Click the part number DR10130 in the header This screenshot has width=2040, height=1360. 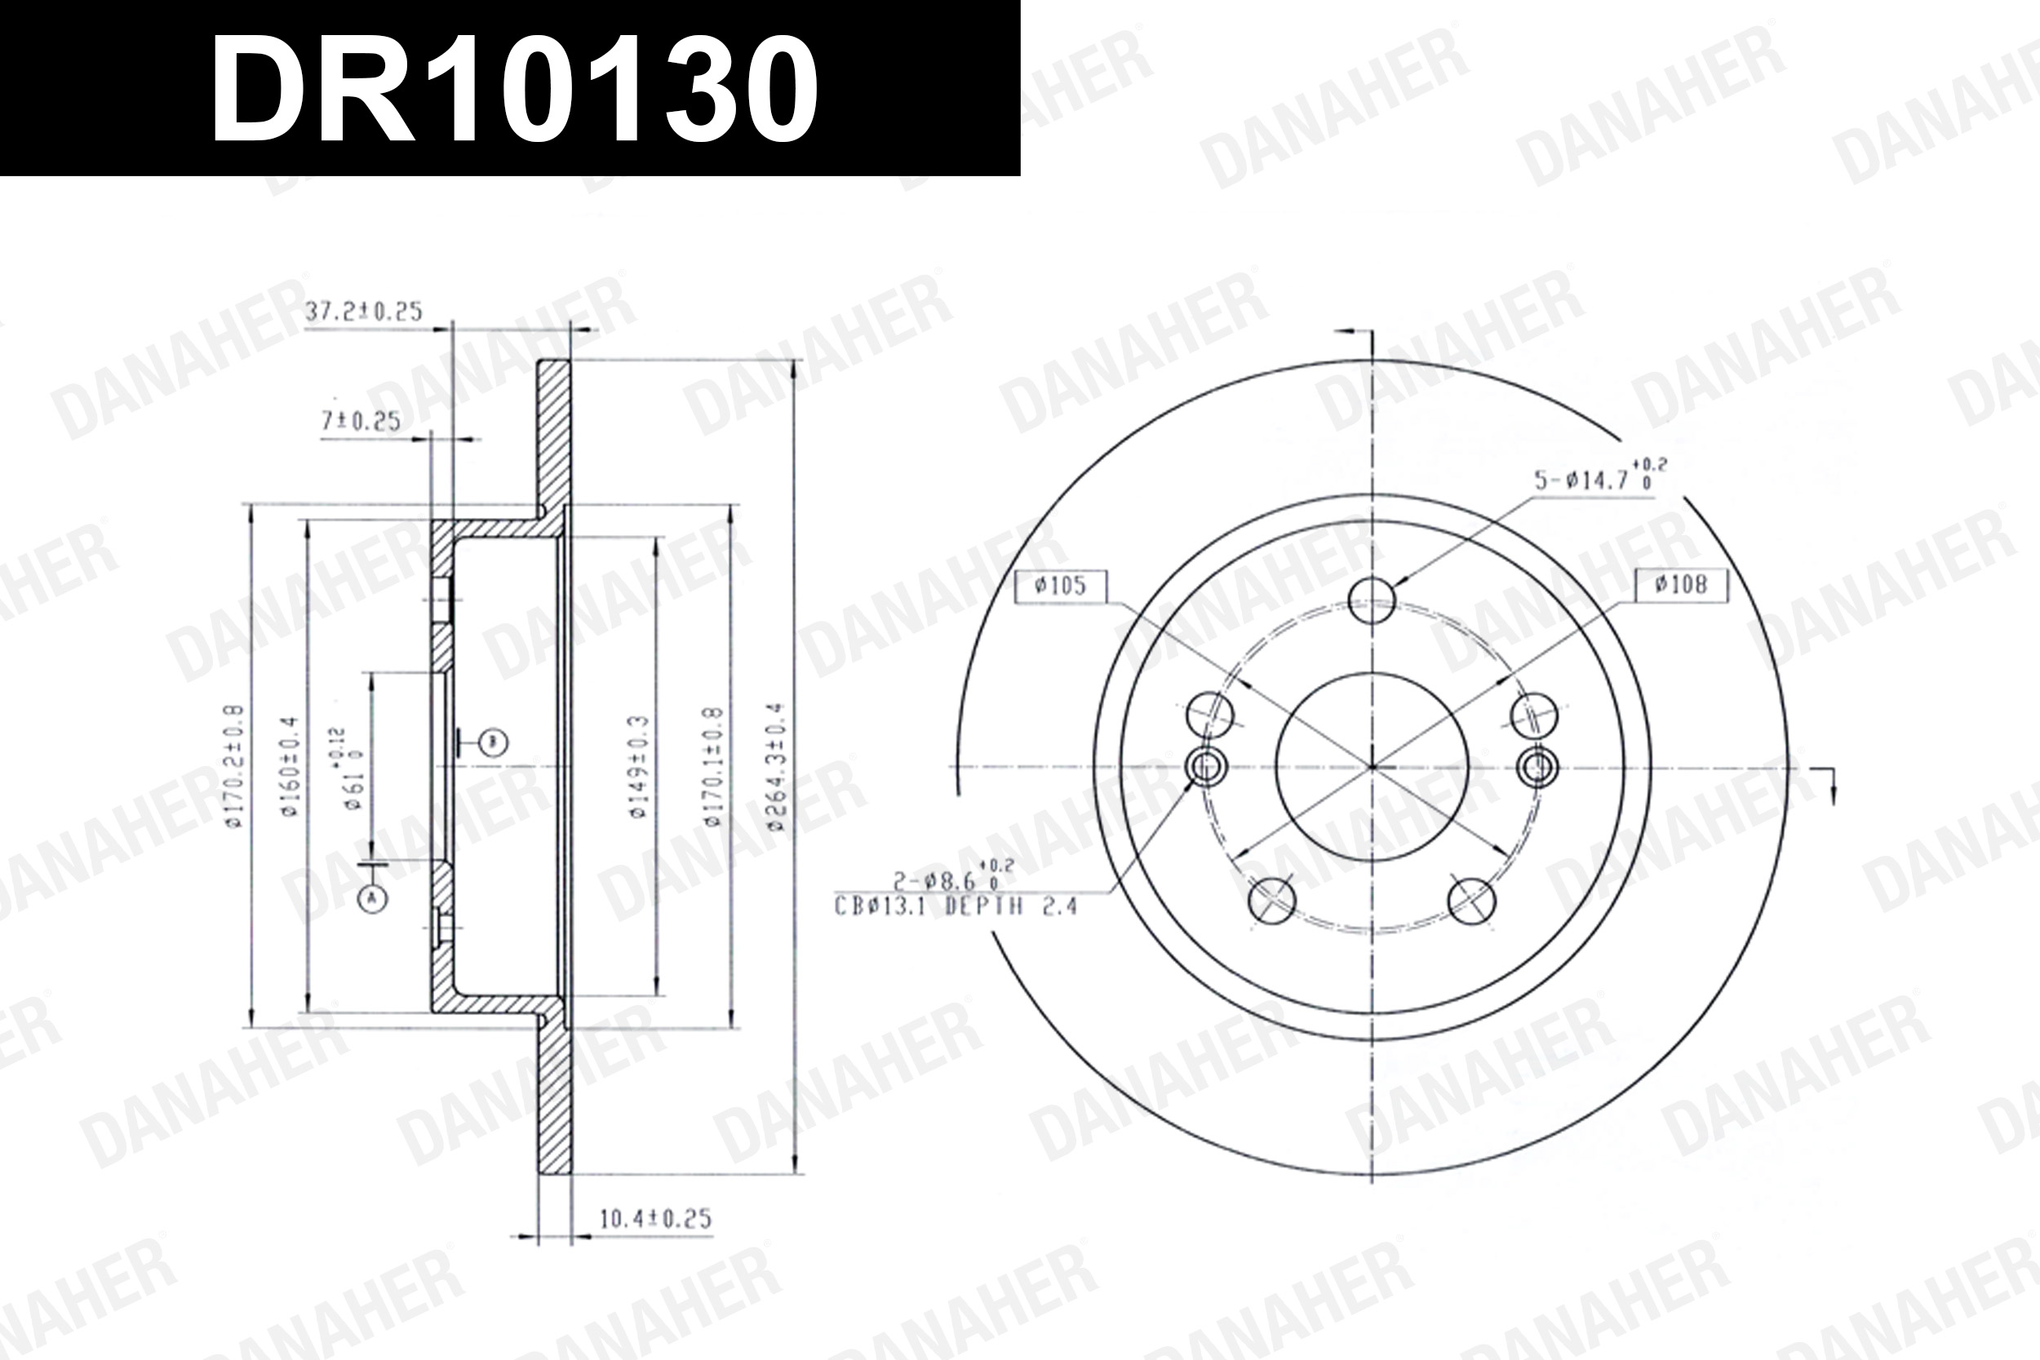(x=513, y=90)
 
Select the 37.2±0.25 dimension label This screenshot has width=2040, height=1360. (x=363, y=312)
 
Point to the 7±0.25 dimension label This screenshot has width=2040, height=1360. (x=361, y=422)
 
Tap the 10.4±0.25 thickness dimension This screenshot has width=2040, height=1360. (x=655, y=1219)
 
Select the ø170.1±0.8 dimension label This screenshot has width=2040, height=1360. (x=712, y=766)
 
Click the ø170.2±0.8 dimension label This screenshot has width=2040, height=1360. (x=235, y=766)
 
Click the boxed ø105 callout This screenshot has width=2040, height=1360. (x=1061, y=587)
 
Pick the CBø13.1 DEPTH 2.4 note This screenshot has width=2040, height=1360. (x=955, y=907)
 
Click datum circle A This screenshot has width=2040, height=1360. (x=373, y=898)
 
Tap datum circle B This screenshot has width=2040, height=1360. (x=494, y=742)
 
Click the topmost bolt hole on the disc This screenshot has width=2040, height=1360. (x=1373, y=600)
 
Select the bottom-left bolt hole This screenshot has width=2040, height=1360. (x=1271, y=899)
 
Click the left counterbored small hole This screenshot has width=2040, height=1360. (x=1205, y=767)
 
